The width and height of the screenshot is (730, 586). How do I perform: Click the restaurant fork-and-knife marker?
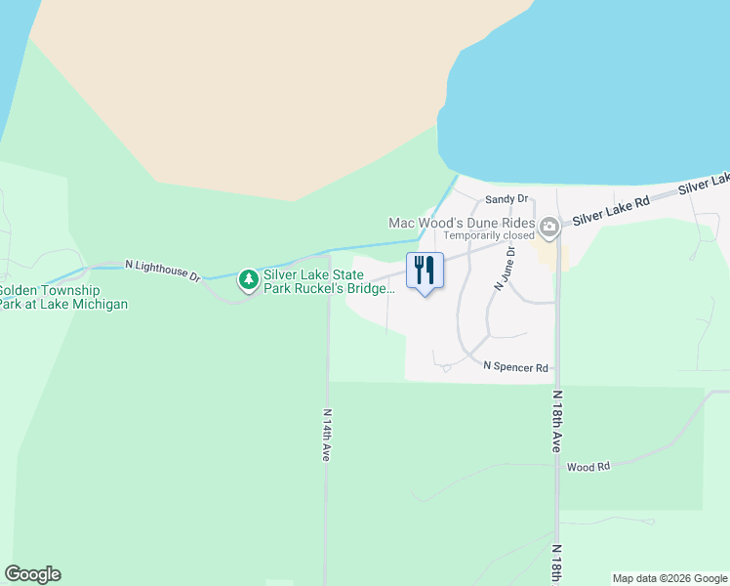[424, 270]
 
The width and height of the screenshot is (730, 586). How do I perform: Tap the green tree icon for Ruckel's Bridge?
[249, 280]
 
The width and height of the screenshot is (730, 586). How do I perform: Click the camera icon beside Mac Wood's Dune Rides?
[549, 229]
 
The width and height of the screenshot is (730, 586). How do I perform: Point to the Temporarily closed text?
[489, 235]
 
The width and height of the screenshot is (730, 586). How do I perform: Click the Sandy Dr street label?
[506, 199]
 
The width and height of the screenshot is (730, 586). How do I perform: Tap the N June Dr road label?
[503, 268]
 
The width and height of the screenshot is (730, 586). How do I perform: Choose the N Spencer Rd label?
[516, 366]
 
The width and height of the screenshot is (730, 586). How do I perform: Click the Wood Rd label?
[588, 467]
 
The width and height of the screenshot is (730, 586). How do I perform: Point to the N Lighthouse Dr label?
[162, 270]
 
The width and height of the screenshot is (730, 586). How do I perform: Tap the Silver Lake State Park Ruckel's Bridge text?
[328, 281]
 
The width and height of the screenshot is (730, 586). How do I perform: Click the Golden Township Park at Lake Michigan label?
[62, 297]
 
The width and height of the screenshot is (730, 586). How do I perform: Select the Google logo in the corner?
[32, 574]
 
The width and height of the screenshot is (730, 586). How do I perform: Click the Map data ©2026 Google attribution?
[670, 578]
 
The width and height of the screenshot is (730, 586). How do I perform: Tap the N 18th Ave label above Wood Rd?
[556, 421]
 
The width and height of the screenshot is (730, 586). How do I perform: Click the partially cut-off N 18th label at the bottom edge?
[555, 565]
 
